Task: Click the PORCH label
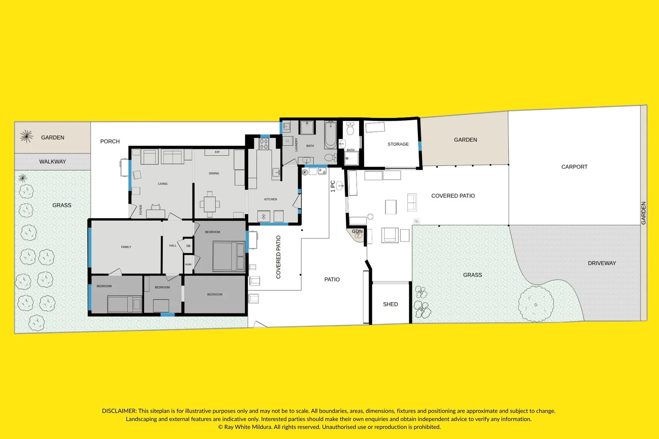click(x=110, y=141)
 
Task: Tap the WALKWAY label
click(x=52, y=162)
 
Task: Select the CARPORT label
click(x=574, y=167)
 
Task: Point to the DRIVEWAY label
click(x=602, y=263)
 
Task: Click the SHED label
click(x=391, y=304)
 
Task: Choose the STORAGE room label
click(x=398, y=144)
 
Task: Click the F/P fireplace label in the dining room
click(x=217, y=152)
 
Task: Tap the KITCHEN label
click(x=271, y=199)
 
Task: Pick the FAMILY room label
click(x=126, y=247)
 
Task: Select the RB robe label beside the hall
click(x=188, y=246)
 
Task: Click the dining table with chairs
click(x=209, y=204)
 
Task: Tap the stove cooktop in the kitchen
click(x=264, y=144)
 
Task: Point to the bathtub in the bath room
click(x=330, y=135)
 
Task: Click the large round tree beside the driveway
click(x=536, y=304)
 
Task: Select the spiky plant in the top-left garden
click(x=26, y=137)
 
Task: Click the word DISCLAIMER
click(x=119, y=411)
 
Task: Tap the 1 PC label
click(x=333, y=186)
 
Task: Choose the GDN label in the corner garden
click(x=357, y=231)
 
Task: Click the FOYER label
click(x=141, y=210)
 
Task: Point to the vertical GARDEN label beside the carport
click(x=644, y=213)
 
